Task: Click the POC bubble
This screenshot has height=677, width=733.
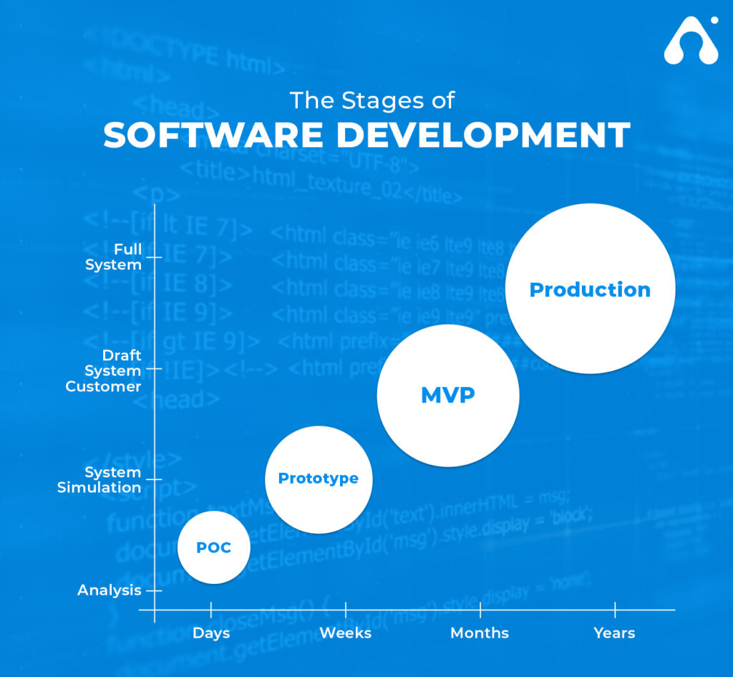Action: point(214,547)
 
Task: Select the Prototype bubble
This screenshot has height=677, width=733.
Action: point(319,479)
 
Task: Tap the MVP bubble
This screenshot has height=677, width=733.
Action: point(448,395)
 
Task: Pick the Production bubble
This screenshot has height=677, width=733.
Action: point(590,289)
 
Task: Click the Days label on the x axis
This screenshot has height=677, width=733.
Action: point(211,633)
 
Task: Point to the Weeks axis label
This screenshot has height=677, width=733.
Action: point(346,633)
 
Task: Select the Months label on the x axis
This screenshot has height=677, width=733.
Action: point(480,633)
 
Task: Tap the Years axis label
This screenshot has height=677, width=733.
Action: point(614,633)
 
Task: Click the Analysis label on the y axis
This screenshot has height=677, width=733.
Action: point(110,590)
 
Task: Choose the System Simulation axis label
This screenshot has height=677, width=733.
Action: point(99,480)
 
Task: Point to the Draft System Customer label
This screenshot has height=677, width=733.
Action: point(104,370)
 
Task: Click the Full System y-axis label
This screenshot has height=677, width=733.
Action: point(114,257)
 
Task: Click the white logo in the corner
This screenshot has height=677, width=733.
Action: point(691,41)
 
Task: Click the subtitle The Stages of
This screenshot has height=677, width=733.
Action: point(372,100)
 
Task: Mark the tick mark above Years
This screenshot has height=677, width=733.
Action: point(615,610)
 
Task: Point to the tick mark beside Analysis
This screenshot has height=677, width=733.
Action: point(154,590)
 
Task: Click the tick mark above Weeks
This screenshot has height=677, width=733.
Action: point(346,610)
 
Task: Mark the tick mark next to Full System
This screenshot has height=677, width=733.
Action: point(154,257)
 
